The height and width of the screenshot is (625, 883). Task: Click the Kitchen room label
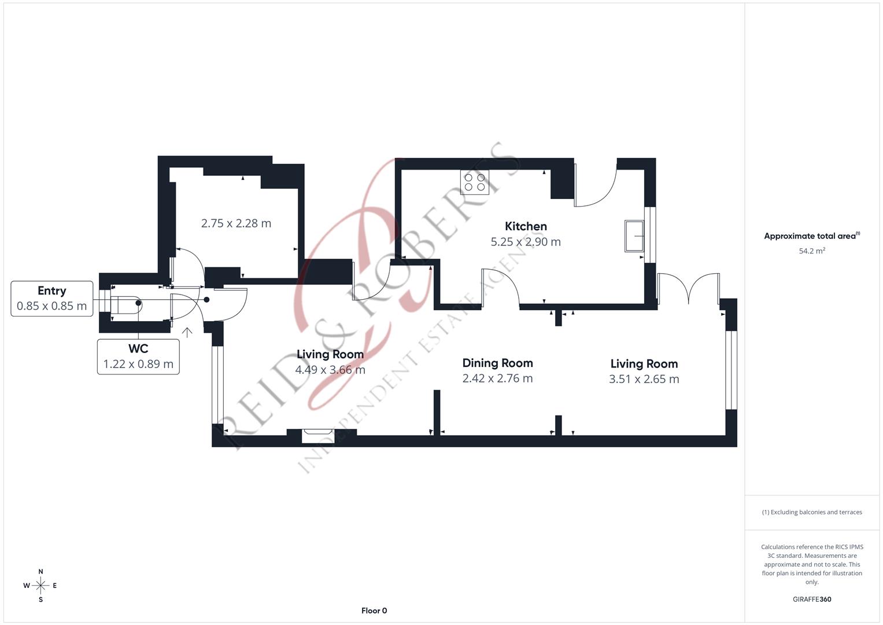(x=525, y=226)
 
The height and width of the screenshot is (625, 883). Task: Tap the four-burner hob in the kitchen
(x=474, y=182)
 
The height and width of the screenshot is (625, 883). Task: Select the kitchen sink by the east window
(x=634, y=236)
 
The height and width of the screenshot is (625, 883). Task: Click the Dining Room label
(x=497, y=363)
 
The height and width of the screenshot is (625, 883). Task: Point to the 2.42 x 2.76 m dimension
(x=497, y=378)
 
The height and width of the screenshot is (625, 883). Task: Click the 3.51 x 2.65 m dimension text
(x=644, y=379)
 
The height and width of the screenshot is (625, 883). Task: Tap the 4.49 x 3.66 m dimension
(x=330, y=370)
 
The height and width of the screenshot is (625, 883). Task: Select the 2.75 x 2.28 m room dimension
(x=236, y=223)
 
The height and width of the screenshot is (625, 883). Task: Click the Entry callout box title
(x=51, y=291)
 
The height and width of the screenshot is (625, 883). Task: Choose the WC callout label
(x=138, y=348)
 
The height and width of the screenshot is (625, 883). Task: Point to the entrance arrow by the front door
(x=187, y=332)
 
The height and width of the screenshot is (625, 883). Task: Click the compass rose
(x=40, y=586)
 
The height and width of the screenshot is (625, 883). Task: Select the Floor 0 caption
(x=374, y=611)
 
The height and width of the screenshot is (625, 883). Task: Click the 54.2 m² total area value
(x=811, y=251)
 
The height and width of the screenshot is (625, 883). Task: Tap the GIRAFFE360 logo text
(x=811, y=599)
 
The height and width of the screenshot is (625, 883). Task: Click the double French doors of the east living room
(x=688, y=288)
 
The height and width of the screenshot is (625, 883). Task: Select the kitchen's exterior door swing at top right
(x=596, y=188)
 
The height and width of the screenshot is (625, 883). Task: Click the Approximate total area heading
(x=811, y=236)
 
